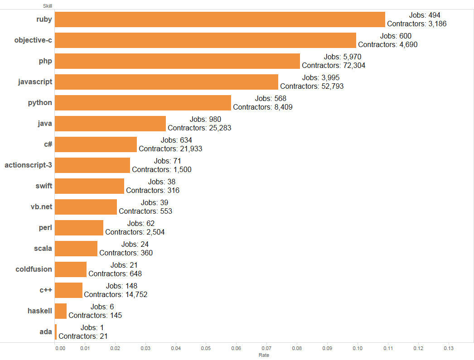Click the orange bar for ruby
click(x=220, y=19)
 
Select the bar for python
click(x=143, y=103)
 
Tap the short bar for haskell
click(x=61, y=311)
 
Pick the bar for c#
click(x=96, y=144)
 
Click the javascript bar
click(x=166, y=82)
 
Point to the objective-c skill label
click(x=33, y=40)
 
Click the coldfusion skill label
click(x=34, y=269)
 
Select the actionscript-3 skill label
click(x=29, y=165)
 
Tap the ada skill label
click(x=46, y=332)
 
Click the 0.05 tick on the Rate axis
click(x=206, y=349)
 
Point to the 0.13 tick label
click(x=449, y=349)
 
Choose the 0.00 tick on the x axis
click(x=60, y=349)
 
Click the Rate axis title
click(x=264, y=355)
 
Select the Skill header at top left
click(x=48, y=5)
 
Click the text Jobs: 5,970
click(x=343, y=57)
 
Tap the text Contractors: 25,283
click(x=199, y=128)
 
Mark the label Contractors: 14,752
click(x=116, y=294)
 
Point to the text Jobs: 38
click(x=162, y=182)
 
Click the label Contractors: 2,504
click(x=135, y=232)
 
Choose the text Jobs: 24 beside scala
click(x=132, y=244)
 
